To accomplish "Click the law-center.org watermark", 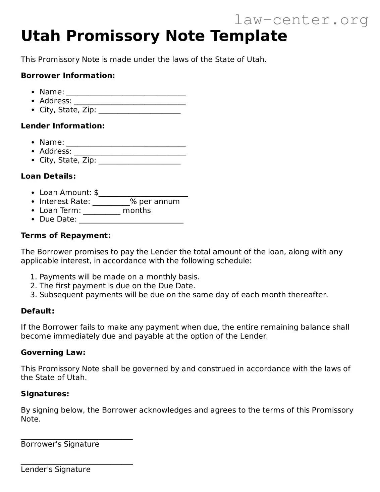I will tap(301, 20).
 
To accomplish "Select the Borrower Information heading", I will tap(68, 76).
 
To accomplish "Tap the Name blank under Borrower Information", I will tap(126, 93).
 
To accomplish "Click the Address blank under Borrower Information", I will tap(129, 102).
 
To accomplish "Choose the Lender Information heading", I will tap(63, 126).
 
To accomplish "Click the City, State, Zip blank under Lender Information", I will tap(140, 161).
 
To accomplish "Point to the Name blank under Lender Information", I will tap(126, 143).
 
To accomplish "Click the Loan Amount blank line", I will tap(143, 194).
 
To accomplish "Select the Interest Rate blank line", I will tap(111, 203).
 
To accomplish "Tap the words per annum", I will tap(159, 202).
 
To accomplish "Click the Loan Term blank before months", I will tap(102, 212).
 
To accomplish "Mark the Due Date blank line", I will tap(131, 220).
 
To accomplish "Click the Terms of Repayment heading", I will tap(66, 236).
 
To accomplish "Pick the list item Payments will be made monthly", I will tap(119, 277).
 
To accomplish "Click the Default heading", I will tap(38, 311).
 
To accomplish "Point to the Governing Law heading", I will tap(53, 352).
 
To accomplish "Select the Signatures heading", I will tap(45, 394).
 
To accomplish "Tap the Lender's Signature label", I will tap(56, 470).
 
